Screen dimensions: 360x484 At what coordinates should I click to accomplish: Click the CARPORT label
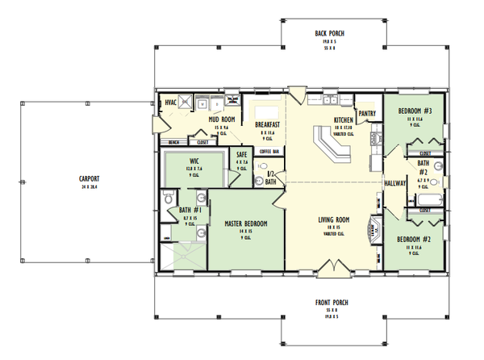[x=89, y=178]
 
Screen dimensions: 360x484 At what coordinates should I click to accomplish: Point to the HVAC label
[x=170, y=103]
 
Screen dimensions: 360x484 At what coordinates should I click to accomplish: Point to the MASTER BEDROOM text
[x=247, y=224]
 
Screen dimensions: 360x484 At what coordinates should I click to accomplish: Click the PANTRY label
[x=368, y=114]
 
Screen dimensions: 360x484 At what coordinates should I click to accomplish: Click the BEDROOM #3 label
[x=417, y=111]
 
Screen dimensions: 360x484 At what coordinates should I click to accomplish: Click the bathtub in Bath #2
[x=424, y=199]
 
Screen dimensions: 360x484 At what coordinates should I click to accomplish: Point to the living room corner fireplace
[x=373, y=230]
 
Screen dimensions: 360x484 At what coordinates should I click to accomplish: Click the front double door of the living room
[x=331, y=266]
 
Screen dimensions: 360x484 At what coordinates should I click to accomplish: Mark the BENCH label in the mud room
[x=173, y=142]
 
